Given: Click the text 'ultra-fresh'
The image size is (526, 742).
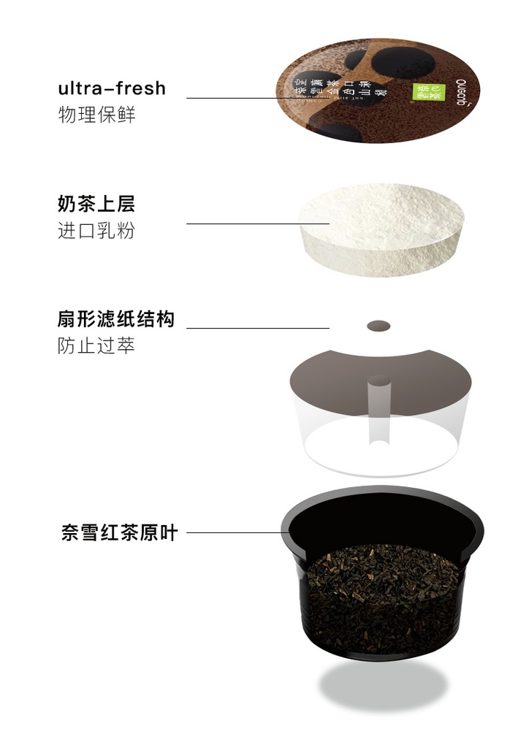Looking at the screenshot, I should click(x=112, y=89).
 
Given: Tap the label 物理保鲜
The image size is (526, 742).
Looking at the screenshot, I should click(x=96, y=115).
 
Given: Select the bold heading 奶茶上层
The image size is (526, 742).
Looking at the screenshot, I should click(x=96, y=203).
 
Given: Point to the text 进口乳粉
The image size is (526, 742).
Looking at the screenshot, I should click(x=96, y=231).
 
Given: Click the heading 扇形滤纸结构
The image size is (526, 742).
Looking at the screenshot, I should click(x=116, y=319).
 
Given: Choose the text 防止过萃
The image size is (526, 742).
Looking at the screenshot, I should click(x=96, y=345).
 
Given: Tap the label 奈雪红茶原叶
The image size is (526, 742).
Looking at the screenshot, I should click(x=120, y=532).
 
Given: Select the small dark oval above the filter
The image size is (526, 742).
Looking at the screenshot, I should click(x=378, y=326).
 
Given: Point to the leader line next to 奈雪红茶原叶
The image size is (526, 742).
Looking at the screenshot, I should click(x=234, y=532).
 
